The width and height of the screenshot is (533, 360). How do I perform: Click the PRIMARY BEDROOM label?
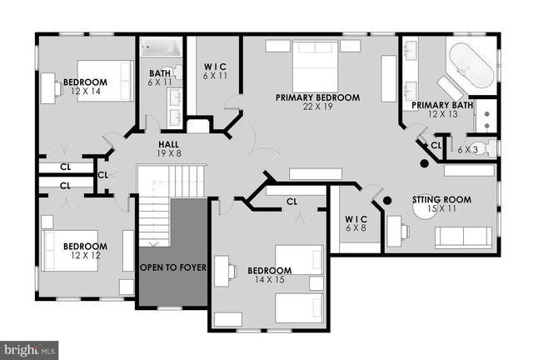pyautogui.click(x=318, y=98)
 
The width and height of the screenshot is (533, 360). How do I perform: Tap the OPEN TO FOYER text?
pyautogui.click(x=172, y=267)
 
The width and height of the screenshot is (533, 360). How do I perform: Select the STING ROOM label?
pyautogui.click(x=441, y=200)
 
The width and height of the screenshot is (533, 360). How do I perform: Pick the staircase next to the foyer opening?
pyautogui.click(x=154, y=209)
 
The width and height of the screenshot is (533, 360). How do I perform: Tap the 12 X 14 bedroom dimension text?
pyautogui.click(x=86, y=91)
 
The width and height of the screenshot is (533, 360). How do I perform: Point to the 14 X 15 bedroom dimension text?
pyautogui.click(x=269, y=280)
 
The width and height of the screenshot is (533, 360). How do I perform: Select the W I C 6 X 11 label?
pyautogui.click(x=214, y=70)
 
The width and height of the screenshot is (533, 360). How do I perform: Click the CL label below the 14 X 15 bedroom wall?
pyautogui.click(x=291, y=201)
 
